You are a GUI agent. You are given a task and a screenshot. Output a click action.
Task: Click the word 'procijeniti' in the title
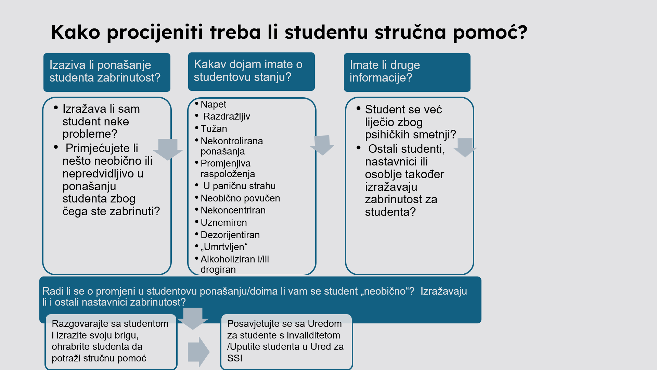click(155, 33)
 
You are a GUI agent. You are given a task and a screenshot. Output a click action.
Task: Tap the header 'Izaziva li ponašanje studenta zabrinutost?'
click(105, 71)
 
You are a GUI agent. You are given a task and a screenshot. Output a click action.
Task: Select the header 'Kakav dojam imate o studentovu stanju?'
click(248, 71)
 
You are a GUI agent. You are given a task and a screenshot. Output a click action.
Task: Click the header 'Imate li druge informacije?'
click(385, 71)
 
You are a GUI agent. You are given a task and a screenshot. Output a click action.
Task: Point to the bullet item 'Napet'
click(213, 104)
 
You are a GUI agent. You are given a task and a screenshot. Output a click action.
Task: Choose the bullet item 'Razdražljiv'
click(227, 116)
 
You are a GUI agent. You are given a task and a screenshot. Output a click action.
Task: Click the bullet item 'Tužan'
click(214, 129)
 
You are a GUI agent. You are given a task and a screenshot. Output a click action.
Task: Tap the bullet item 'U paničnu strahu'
click(239, 186)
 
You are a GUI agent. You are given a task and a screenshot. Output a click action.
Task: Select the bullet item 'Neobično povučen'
click(240, 198)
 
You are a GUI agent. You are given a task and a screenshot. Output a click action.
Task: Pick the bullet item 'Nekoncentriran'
click(233, 210)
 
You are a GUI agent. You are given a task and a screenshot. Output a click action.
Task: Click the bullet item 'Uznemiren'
click(224, 223)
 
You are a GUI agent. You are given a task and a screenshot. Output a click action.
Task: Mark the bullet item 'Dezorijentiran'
click(230, 235)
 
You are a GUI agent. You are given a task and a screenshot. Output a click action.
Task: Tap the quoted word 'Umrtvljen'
click(224, 247)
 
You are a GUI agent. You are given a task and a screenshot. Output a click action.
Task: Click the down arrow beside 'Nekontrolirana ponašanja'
click(322, 145)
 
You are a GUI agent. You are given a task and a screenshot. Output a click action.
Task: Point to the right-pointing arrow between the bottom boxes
click(199, 352)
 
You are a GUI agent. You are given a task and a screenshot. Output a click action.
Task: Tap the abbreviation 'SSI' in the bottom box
click(235, 358)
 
